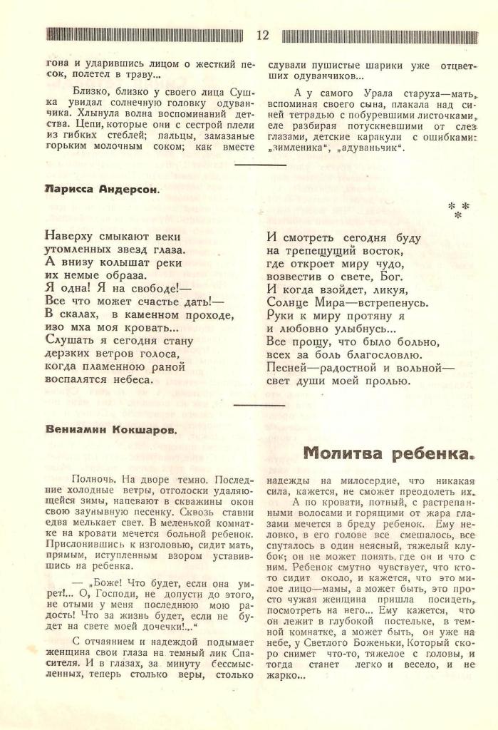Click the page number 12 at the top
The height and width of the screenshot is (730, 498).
(x=262, y=36)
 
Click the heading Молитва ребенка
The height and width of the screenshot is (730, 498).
(x=390, y=453)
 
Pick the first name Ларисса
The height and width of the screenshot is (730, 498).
(x=66, y=190)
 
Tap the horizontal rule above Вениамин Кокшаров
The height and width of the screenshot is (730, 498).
(x=260, y=405)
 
